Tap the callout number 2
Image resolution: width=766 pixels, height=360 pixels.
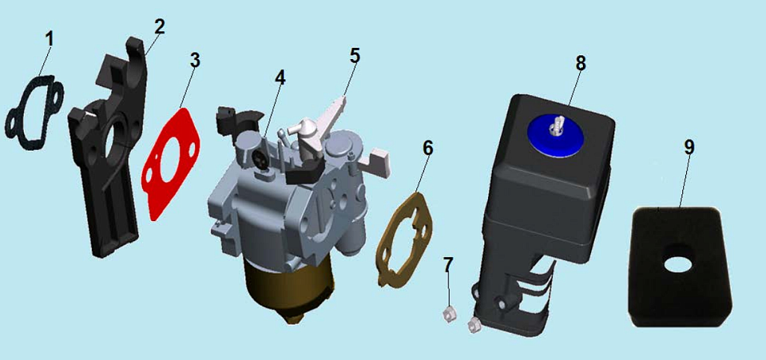160,27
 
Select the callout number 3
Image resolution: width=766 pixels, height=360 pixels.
195,60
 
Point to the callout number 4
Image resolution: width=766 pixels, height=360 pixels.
280,77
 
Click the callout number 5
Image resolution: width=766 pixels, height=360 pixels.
355,56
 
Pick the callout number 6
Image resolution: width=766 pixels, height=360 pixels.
427,148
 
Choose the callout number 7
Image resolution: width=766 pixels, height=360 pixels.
448,265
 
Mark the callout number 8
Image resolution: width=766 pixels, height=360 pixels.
581,63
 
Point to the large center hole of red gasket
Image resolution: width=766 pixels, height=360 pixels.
169,165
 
